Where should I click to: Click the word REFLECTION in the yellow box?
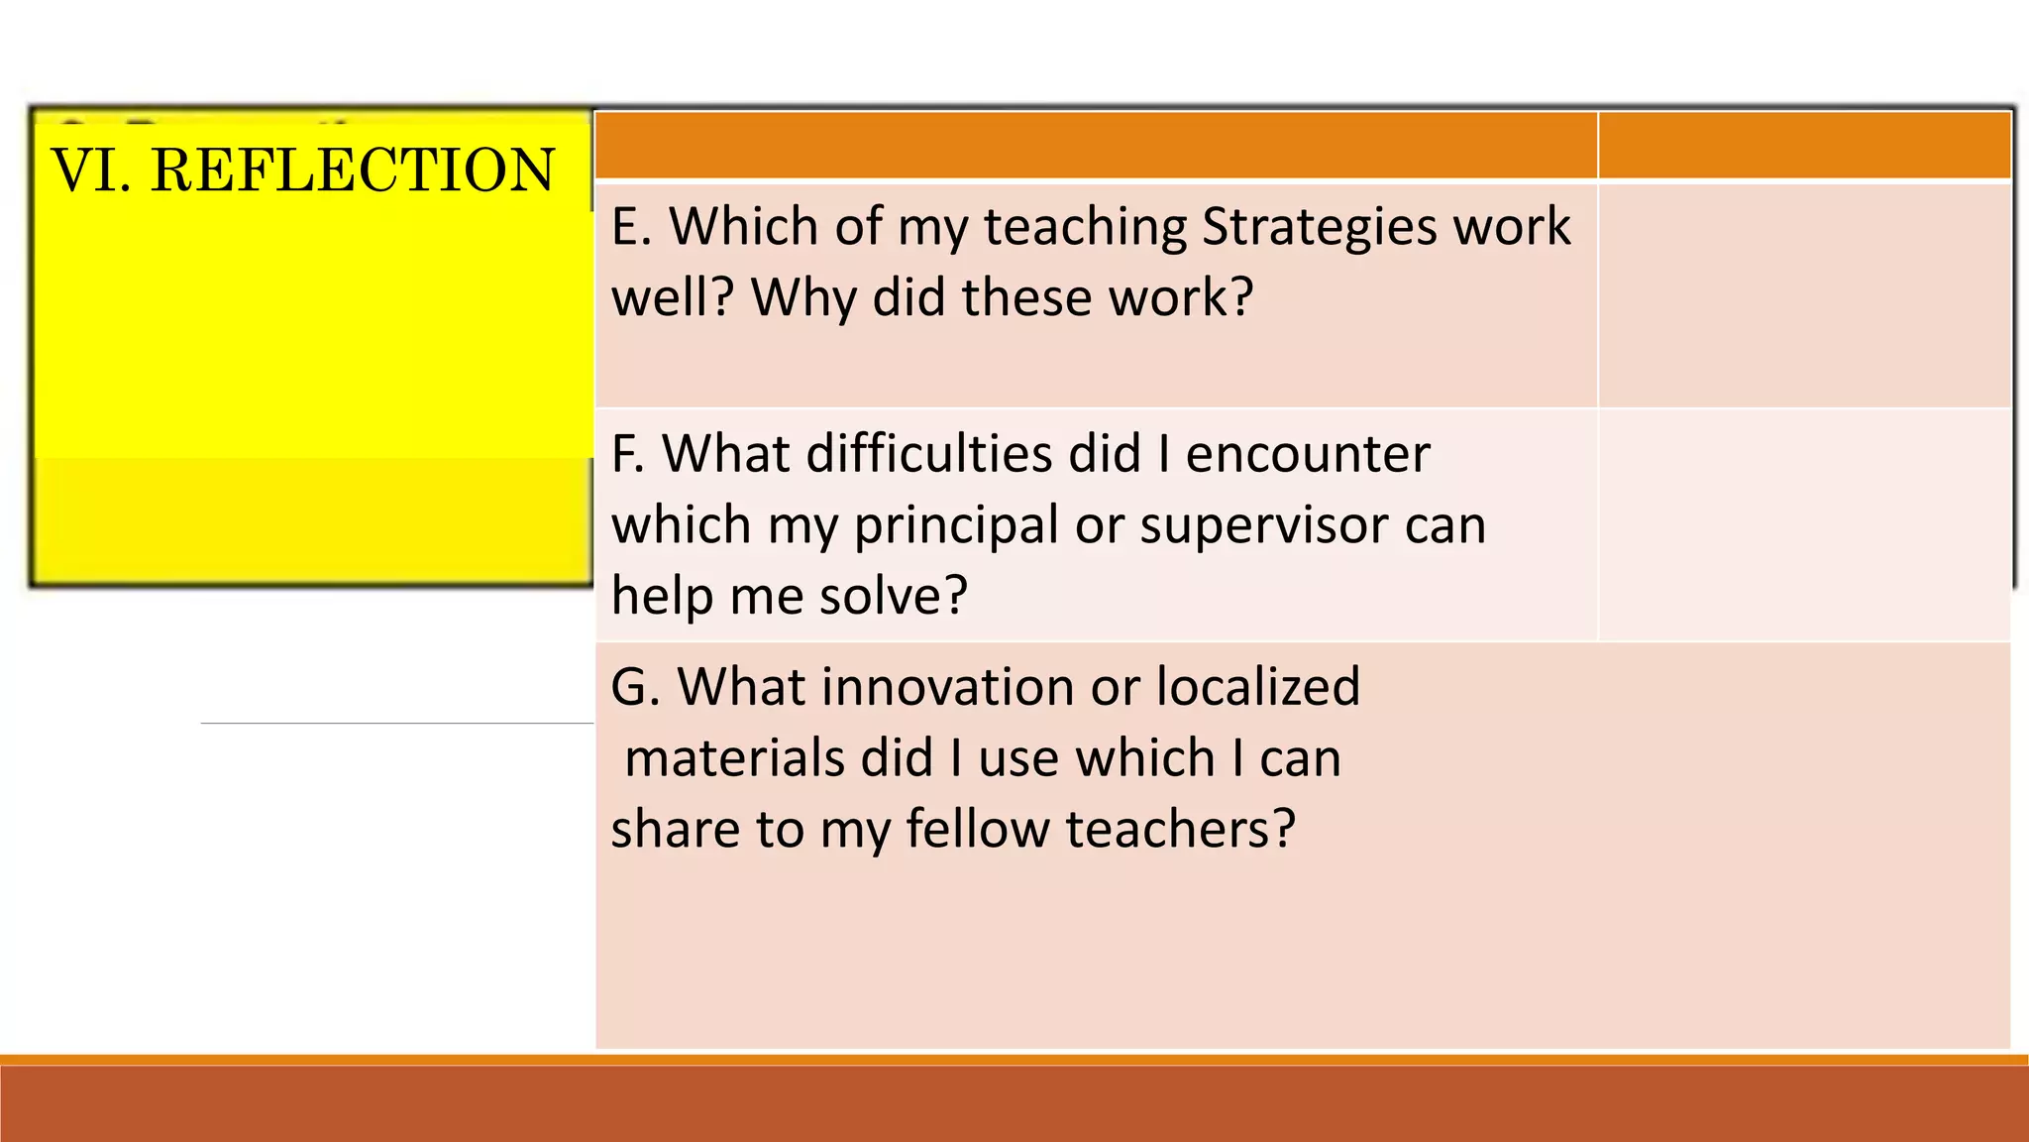tap(353, 170)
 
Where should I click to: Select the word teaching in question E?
tap(1084, 226)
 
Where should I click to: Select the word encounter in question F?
tap(1308, 454)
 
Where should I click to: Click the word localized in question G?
tap(1258, 687)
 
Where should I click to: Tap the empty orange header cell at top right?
tap(1804, 146)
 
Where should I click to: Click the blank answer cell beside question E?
tap(1804, 295)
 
